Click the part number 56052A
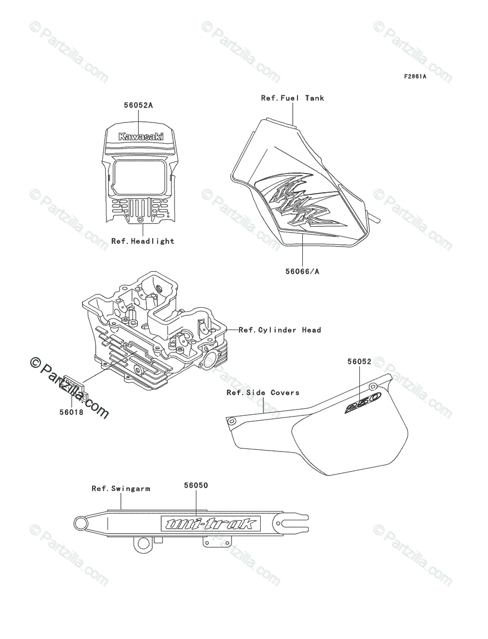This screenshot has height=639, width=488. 138,105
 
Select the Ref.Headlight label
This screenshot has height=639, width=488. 143,241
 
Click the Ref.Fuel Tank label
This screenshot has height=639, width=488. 292,98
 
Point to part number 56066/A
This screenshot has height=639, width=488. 303,272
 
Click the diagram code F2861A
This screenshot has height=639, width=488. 415,76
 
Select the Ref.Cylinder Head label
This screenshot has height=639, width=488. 280,330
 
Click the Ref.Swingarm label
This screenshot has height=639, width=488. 121,488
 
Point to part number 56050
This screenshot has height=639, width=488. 196,485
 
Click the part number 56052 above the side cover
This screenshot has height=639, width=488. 359,362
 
